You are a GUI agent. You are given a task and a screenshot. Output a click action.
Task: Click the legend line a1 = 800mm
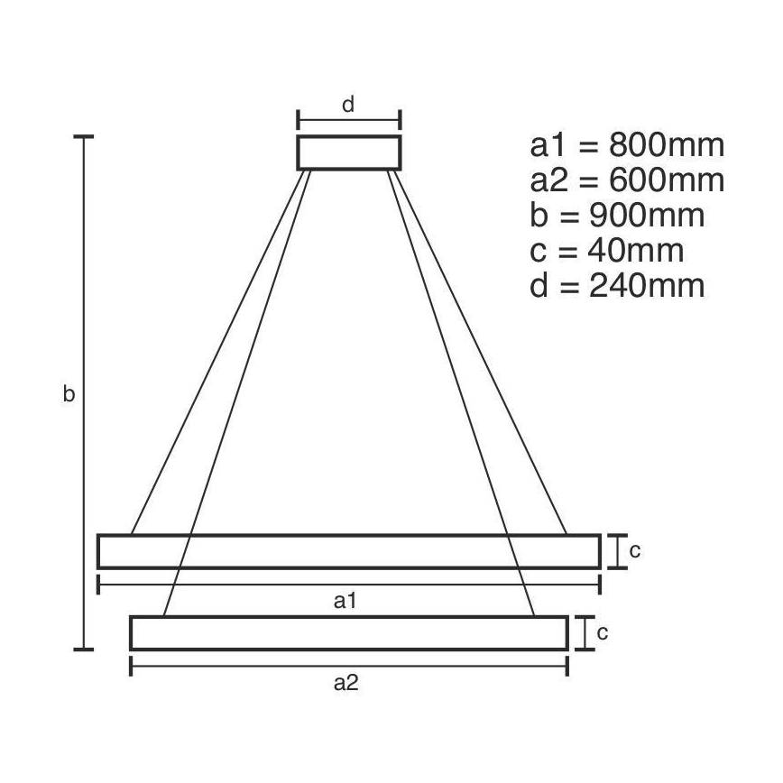click(x=627, y=145)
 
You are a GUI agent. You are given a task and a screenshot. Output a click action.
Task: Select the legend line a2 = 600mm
click(x=627, y=180)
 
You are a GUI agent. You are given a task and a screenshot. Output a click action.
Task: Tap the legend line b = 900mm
click(x=617, y=216)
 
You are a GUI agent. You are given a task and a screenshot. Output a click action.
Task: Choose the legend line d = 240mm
click(x=617, y=286)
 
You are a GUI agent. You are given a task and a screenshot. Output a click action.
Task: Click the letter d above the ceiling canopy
click(x=348, y=104)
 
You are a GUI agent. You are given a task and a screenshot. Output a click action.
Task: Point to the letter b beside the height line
click(x=69, y=394)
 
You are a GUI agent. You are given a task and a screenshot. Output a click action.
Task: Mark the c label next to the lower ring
click(x=602, y=632)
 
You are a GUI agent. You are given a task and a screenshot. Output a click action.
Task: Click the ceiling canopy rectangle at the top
click(x=348, y=152)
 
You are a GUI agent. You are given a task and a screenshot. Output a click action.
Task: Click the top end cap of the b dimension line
click(x=84, y=137)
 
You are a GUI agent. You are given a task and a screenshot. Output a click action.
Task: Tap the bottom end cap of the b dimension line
click(x=84, y=649)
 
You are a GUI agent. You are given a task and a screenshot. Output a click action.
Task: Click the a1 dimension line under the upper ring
click(x=348, y=584)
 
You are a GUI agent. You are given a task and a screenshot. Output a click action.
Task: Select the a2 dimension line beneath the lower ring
click(x=348, y=666)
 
